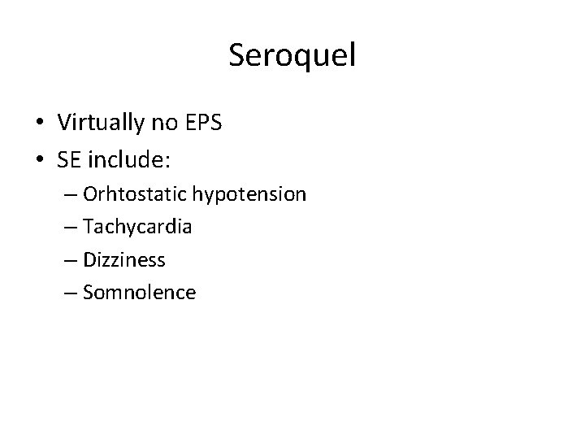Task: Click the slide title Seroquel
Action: click(x=292, y=55)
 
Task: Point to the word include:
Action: click(x=130, y=160)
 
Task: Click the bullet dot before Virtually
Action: click(x=39, y=124)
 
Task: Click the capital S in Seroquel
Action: click(x=237, y=55)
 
